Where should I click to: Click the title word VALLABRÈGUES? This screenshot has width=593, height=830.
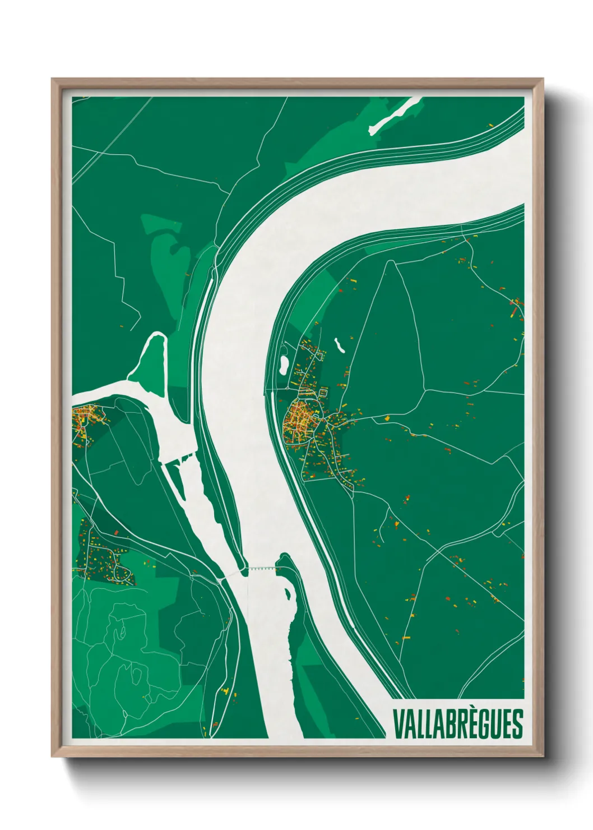pos(458,724)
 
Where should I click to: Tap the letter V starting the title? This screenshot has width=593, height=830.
pos(398,724)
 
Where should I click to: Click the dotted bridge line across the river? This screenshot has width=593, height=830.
pos(262,568)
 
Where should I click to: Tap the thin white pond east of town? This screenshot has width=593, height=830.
pos(339,344)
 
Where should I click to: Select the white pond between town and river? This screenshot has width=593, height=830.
pos(284,365)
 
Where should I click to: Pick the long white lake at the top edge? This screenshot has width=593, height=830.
pos(395,116)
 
